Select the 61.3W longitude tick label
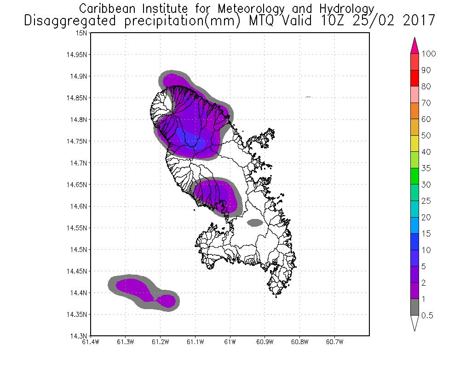[126, 342]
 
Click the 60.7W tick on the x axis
[334, 342]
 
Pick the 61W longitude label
[230, 342]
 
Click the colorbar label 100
[428, 54]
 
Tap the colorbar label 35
[426, 168]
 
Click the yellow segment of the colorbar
[414, 144]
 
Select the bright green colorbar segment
[414, 176]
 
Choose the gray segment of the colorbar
[414, 307]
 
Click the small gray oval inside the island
[255, 223]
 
